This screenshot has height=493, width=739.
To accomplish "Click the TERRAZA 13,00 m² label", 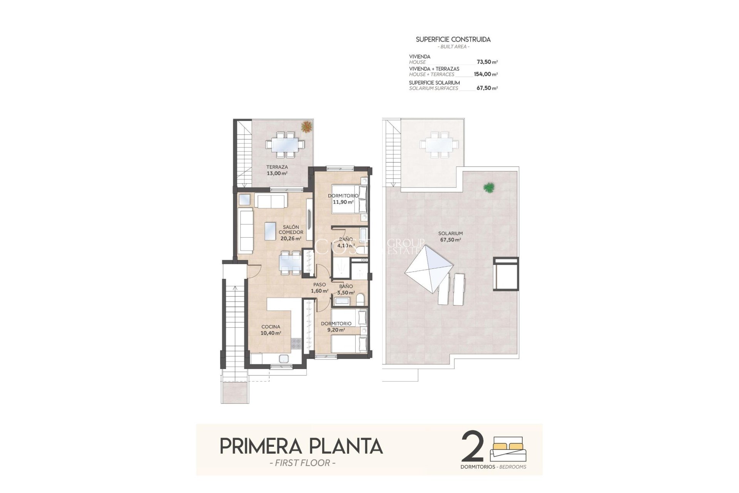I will [x=277, y=170].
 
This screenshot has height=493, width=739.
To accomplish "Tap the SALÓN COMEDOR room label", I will [x=291, y=233].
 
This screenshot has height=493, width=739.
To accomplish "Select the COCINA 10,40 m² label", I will [x=271, y=330].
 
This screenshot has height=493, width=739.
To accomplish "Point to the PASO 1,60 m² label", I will [x=319, y=288].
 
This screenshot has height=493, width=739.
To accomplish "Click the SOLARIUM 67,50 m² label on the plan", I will [x=450, y=236].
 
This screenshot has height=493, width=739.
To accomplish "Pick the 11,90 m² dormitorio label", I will [x=343, y=199].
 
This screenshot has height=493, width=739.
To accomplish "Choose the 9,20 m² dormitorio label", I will [x=336, y=327].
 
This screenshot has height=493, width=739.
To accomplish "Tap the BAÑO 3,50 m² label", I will [x=346, y=289].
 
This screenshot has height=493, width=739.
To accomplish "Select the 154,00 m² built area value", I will [x=485, y=74].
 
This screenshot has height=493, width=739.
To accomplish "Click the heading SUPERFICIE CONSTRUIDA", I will [x=453, y=39].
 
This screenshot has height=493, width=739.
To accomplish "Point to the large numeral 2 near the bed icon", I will [x=472, y=446].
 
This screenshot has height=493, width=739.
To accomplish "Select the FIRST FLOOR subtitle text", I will [x=300, y=463].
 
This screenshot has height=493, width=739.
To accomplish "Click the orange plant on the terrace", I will [x=306, y=126].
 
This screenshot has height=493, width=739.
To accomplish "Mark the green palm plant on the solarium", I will [x=489, y=188].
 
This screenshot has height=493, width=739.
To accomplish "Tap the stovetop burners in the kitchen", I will [x=296, y=343].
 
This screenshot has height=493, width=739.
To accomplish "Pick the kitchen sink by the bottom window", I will [x=284, y=359].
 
